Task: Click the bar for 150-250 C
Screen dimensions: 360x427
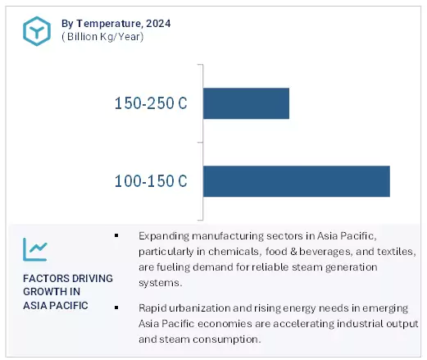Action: [246, 103]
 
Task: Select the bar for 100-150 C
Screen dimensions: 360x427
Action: [296, 181]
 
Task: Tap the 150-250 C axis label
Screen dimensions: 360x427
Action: [151, 104]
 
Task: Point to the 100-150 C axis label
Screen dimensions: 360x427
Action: [151, 181]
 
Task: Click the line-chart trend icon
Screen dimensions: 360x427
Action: [35, 248]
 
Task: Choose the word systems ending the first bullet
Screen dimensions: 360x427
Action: [161, 283]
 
